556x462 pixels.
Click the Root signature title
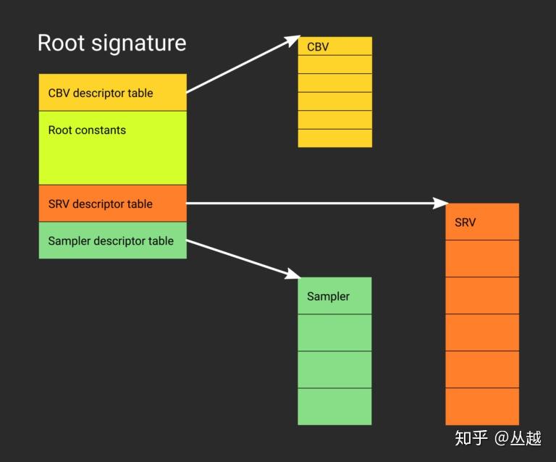(111, 43)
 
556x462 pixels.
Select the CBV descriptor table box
(113, 93)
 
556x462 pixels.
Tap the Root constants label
(87, 130)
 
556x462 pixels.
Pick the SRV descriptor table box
(113, 203)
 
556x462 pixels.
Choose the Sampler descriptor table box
(113, 240)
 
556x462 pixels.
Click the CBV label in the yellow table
(318, 47)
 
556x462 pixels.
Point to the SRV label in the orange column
(465, 222)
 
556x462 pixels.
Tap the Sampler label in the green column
(328, 296)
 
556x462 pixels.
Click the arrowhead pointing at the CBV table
(293, 40)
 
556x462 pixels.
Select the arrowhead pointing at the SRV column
(441, 203)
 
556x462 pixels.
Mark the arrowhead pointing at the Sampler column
(293, 274)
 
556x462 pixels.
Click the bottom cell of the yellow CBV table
(334, 138)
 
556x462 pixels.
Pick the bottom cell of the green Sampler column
(334, 407)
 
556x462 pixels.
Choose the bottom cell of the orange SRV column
(482, 407)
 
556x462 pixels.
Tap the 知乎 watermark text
(471, 438)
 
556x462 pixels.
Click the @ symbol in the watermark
(502, 438)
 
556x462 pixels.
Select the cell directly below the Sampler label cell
(334, 332)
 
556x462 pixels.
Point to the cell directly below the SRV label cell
(482, 259)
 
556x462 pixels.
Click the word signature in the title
(139, 44)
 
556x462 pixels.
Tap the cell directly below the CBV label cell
(334, 64)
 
